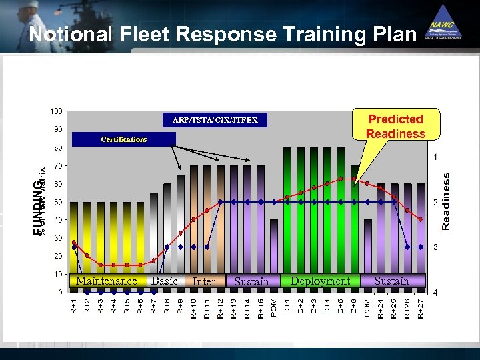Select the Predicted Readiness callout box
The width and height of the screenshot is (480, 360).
396,126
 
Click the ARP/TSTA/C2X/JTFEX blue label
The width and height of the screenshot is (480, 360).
215,121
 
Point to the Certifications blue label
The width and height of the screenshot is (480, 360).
123,139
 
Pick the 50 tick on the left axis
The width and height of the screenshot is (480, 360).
58,202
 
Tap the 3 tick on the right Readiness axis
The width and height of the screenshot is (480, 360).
435,247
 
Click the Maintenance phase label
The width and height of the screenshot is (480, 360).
107,281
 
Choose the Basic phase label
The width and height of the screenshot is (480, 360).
165,281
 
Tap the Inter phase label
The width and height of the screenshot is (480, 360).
203,282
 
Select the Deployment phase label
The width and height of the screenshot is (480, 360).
320,281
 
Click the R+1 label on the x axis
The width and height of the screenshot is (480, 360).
74,307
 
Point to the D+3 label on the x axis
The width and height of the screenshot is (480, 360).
314,307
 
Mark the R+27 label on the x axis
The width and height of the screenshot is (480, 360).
420,308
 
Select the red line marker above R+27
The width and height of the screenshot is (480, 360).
421,219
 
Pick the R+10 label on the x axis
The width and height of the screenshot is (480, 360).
194,308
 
